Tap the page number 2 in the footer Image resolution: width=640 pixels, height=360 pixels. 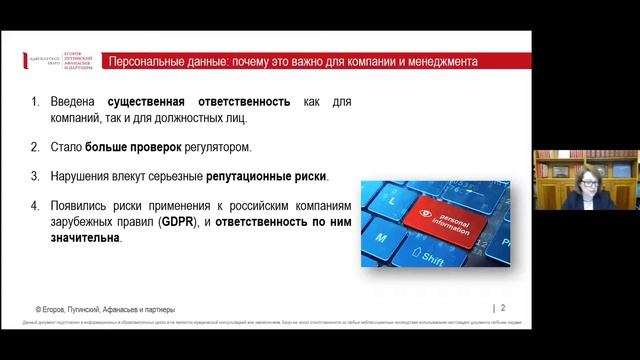[x=502, y=308]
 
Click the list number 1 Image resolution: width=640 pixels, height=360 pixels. [x=36, y=102]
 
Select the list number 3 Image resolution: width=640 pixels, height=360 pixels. [x=36, y=176]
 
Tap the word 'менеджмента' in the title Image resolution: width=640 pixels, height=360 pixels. [x=441, y=61]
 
